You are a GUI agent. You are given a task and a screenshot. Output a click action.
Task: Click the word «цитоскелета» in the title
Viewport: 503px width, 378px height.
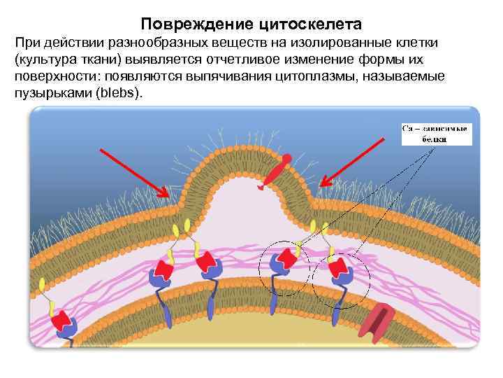click(x=310, y=24)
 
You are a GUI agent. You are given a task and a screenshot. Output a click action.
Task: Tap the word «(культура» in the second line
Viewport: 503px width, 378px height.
click(x=43, y=59)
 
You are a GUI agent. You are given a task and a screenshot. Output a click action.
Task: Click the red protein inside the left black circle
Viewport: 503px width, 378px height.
click(x=286, y=263)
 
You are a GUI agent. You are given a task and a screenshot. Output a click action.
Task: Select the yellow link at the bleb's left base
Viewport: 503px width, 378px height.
click(x=187, y=225)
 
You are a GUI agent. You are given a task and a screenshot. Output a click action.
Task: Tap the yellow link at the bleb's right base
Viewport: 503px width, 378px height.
click(x=323, y=225)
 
